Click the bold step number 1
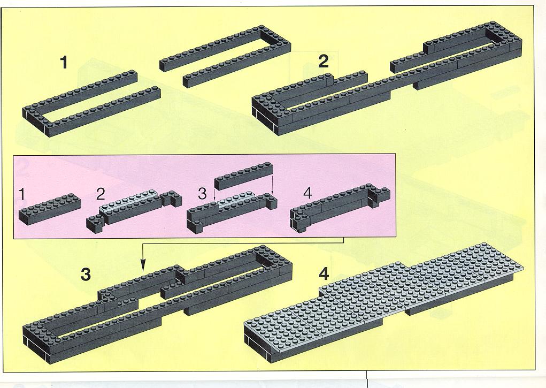[x=64, y=63]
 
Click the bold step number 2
[x=323, y=62]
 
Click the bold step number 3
[x=86, y=275]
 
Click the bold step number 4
[x=324, y=274]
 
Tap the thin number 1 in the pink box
[x=22, y=194]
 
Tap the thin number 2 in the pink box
[x=101, y=194]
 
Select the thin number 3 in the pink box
[x=202, y=194]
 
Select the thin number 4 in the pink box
[x=307, y=193]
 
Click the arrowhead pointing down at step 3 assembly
[x=142, y=266]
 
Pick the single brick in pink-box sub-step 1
[x=50, y=209]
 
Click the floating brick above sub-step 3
[x=243, y=176]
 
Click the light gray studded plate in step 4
[x=383, y=296]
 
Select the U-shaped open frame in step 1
[x=225, y=56]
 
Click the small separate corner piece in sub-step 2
[x=95, y=223]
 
